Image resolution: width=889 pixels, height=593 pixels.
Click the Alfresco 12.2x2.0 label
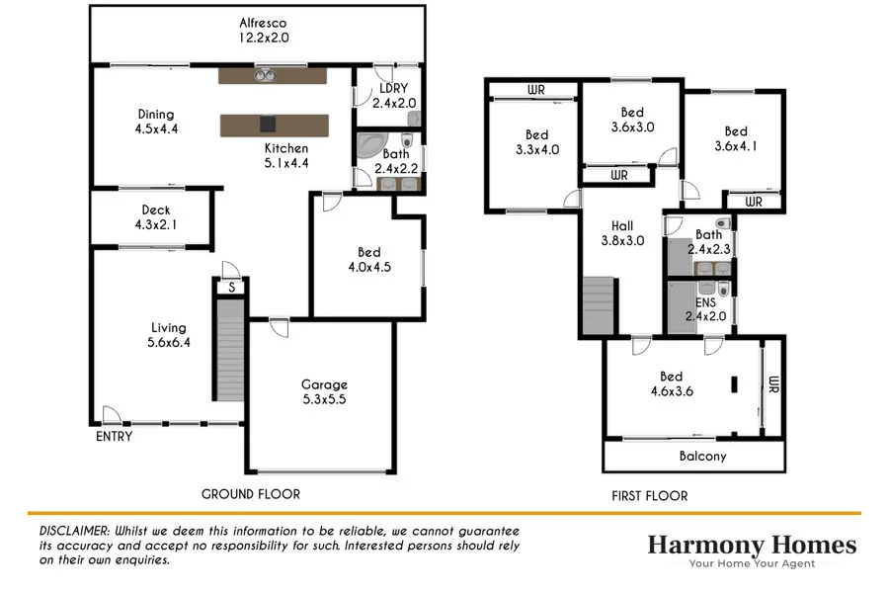click(262, 31)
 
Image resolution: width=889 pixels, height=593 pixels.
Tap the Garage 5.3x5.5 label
click(324, 392)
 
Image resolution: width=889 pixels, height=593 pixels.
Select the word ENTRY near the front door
click(114, 436)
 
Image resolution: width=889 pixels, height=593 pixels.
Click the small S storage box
click(231, 288)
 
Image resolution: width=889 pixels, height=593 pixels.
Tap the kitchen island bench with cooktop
click(274, 125)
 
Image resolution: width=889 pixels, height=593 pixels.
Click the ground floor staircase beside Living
click(229, 350)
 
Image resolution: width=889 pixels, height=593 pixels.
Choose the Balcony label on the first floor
click(702, 457)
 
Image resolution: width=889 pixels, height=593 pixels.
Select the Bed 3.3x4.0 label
click(536, 142)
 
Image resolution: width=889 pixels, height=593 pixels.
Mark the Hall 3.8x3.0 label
click(622, 232)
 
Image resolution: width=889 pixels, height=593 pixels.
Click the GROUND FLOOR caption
click(250, 494)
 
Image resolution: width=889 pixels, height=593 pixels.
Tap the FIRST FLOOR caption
click(649, 496)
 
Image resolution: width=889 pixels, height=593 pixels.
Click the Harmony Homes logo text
click(752, 545)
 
